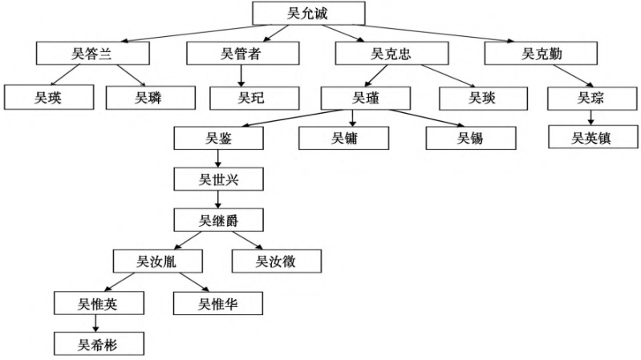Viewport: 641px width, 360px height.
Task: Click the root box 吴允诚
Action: pos(308,13)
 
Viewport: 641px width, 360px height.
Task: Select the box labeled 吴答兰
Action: pos(92,54)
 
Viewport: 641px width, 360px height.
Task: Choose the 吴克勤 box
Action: pos(541,54)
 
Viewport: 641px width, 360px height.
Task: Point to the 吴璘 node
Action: pos(150,98)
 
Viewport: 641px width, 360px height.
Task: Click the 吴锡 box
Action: pos(470,138)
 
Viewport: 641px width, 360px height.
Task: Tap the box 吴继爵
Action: pos(219,220)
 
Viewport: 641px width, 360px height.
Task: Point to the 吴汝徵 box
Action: pos(275,261)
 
